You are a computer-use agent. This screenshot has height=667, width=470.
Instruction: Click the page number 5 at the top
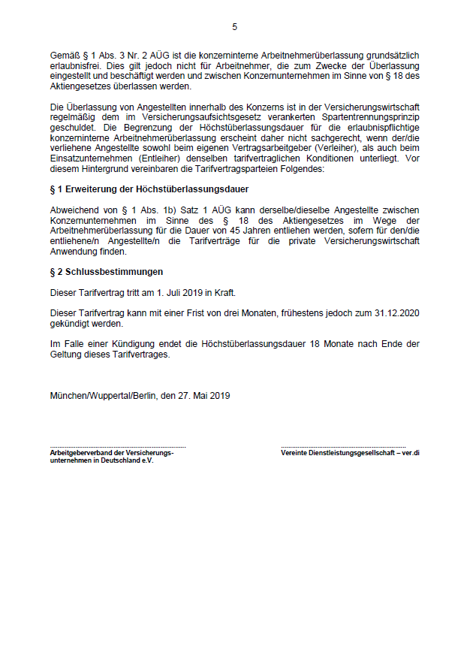tap(234, 27)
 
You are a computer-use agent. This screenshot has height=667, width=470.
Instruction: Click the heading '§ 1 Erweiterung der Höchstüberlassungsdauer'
tap(149, 189)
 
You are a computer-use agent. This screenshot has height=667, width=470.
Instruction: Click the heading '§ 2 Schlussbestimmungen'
tap(106, 272)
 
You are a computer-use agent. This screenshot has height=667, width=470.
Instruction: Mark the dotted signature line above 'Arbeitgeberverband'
tap(118, 447)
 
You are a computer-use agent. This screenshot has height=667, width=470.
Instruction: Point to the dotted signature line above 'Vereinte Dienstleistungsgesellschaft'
tap(343, 447)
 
